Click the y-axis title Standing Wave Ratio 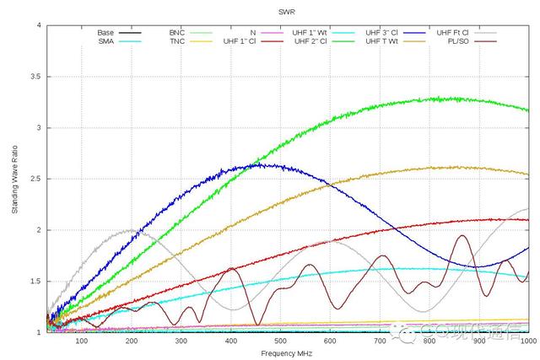point(14,179)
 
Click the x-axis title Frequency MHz point(288,354)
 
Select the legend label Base point(105,32)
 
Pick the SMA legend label point(105,40)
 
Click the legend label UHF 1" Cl point(243,40)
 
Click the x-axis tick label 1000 point(528,341)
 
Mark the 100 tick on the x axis point(81,341)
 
